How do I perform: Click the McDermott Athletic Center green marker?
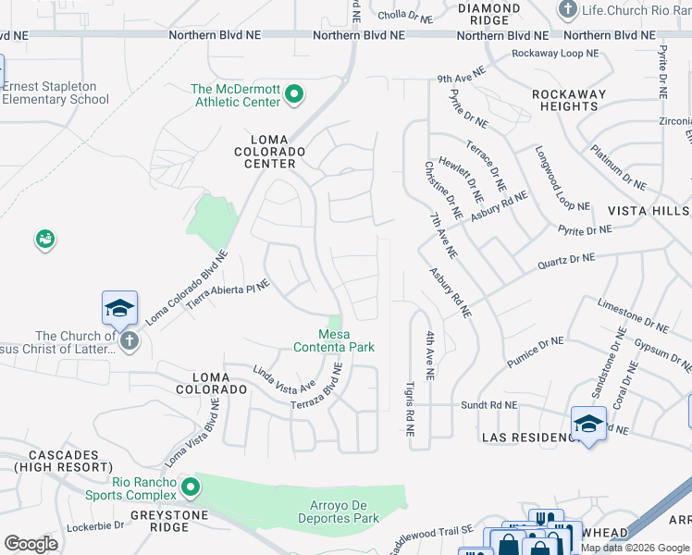pyautogui.click(x=294, y=93)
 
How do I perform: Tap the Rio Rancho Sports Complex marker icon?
pyautogui.click(x=191, y=487)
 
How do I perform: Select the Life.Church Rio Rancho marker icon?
pyautogui.click(x=567, y=8)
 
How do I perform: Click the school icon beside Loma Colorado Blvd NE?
pyautogui.click(x=119, y=308)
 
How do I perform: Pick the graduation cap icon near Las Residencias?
pyautogui.click(x=588, y=424)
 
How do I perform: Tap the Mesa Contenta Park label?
pyautogui.click(x=334, y=340)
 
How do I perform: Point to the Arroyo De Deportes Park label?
pyautogui.click(x=340, y=512)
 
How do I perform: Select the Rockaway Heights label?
pyautogui.click(x=569, y=100)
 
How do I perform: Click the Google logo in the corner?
pyautogui.click(x=31, y=544)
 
